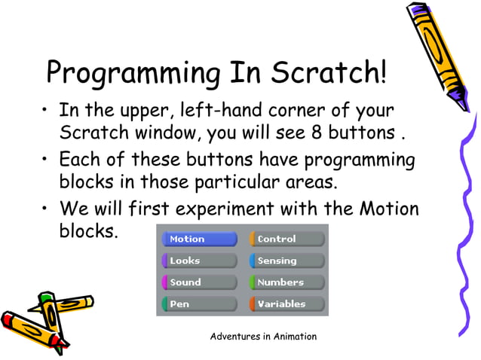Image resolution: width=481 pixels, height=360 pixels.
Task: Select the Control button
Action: click(x=287, y=239)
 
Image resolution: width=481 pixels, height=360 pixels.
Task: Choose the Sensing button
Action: click(x=287, y=261)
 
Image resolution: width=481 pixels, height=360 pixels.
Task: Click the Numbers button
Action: click(x=287, y=282)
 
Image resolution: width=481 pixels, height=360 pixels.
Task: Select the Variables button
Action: click(x=287, y=304)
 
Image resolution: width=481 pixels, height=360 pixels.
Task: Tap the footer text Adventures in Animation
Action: click(x=263, y=336)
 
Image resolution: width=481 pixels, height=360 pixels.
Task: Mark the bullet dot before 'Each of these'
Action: click(x=47, y=160)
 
